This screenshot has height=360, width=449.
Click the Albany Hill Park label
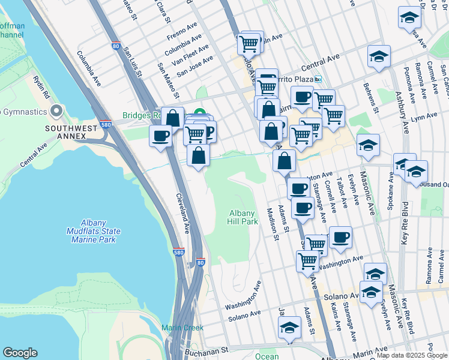click(x=244, y=217)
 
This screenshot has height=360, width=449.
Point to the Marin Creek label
click(x=182, y=328)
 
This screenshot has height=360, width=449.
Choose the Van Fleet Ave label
click(x=190, y=52)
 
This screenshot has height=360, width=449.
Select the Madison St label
click(x=272, y=224)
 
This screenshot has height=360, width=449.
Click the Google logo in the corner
click(x=20, y=353)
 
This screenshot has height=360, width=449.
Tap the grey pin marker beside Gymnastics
click(x=57, y=111)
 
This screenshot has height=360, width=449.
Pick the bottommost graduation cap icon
click(x=289, y=328)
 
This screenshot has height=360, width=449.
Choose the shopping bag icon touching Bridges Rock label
click(x=173, y=117)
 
